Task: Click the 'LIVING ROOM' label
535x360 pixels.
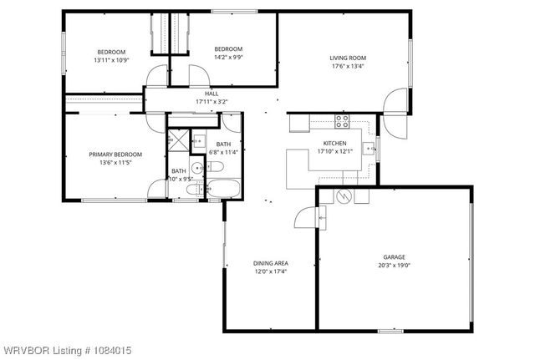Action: [348, 58]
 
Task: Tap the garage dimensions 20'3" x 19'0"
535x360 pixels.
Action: [395, 265]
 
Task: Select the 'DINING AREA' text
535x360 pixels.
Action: [270, 263]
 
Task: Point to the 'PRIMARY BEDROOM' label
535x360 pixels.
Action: [115, 154]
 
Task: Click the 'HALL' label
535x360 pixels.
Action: [211, 94]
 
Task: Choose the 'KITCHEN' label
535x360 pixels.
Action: [334, 144]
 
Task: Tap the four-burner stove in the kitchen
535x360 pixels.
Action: [341, 120]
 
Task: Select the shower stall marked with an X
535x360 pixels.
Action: [178, 139]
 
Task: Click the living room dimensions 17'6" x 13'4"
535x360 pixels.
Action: [348, 66]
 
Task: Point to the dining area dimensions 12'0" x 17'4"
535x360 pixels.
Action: [270, 271]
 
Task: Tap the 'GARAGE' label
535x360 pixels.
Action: [395, 256]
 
